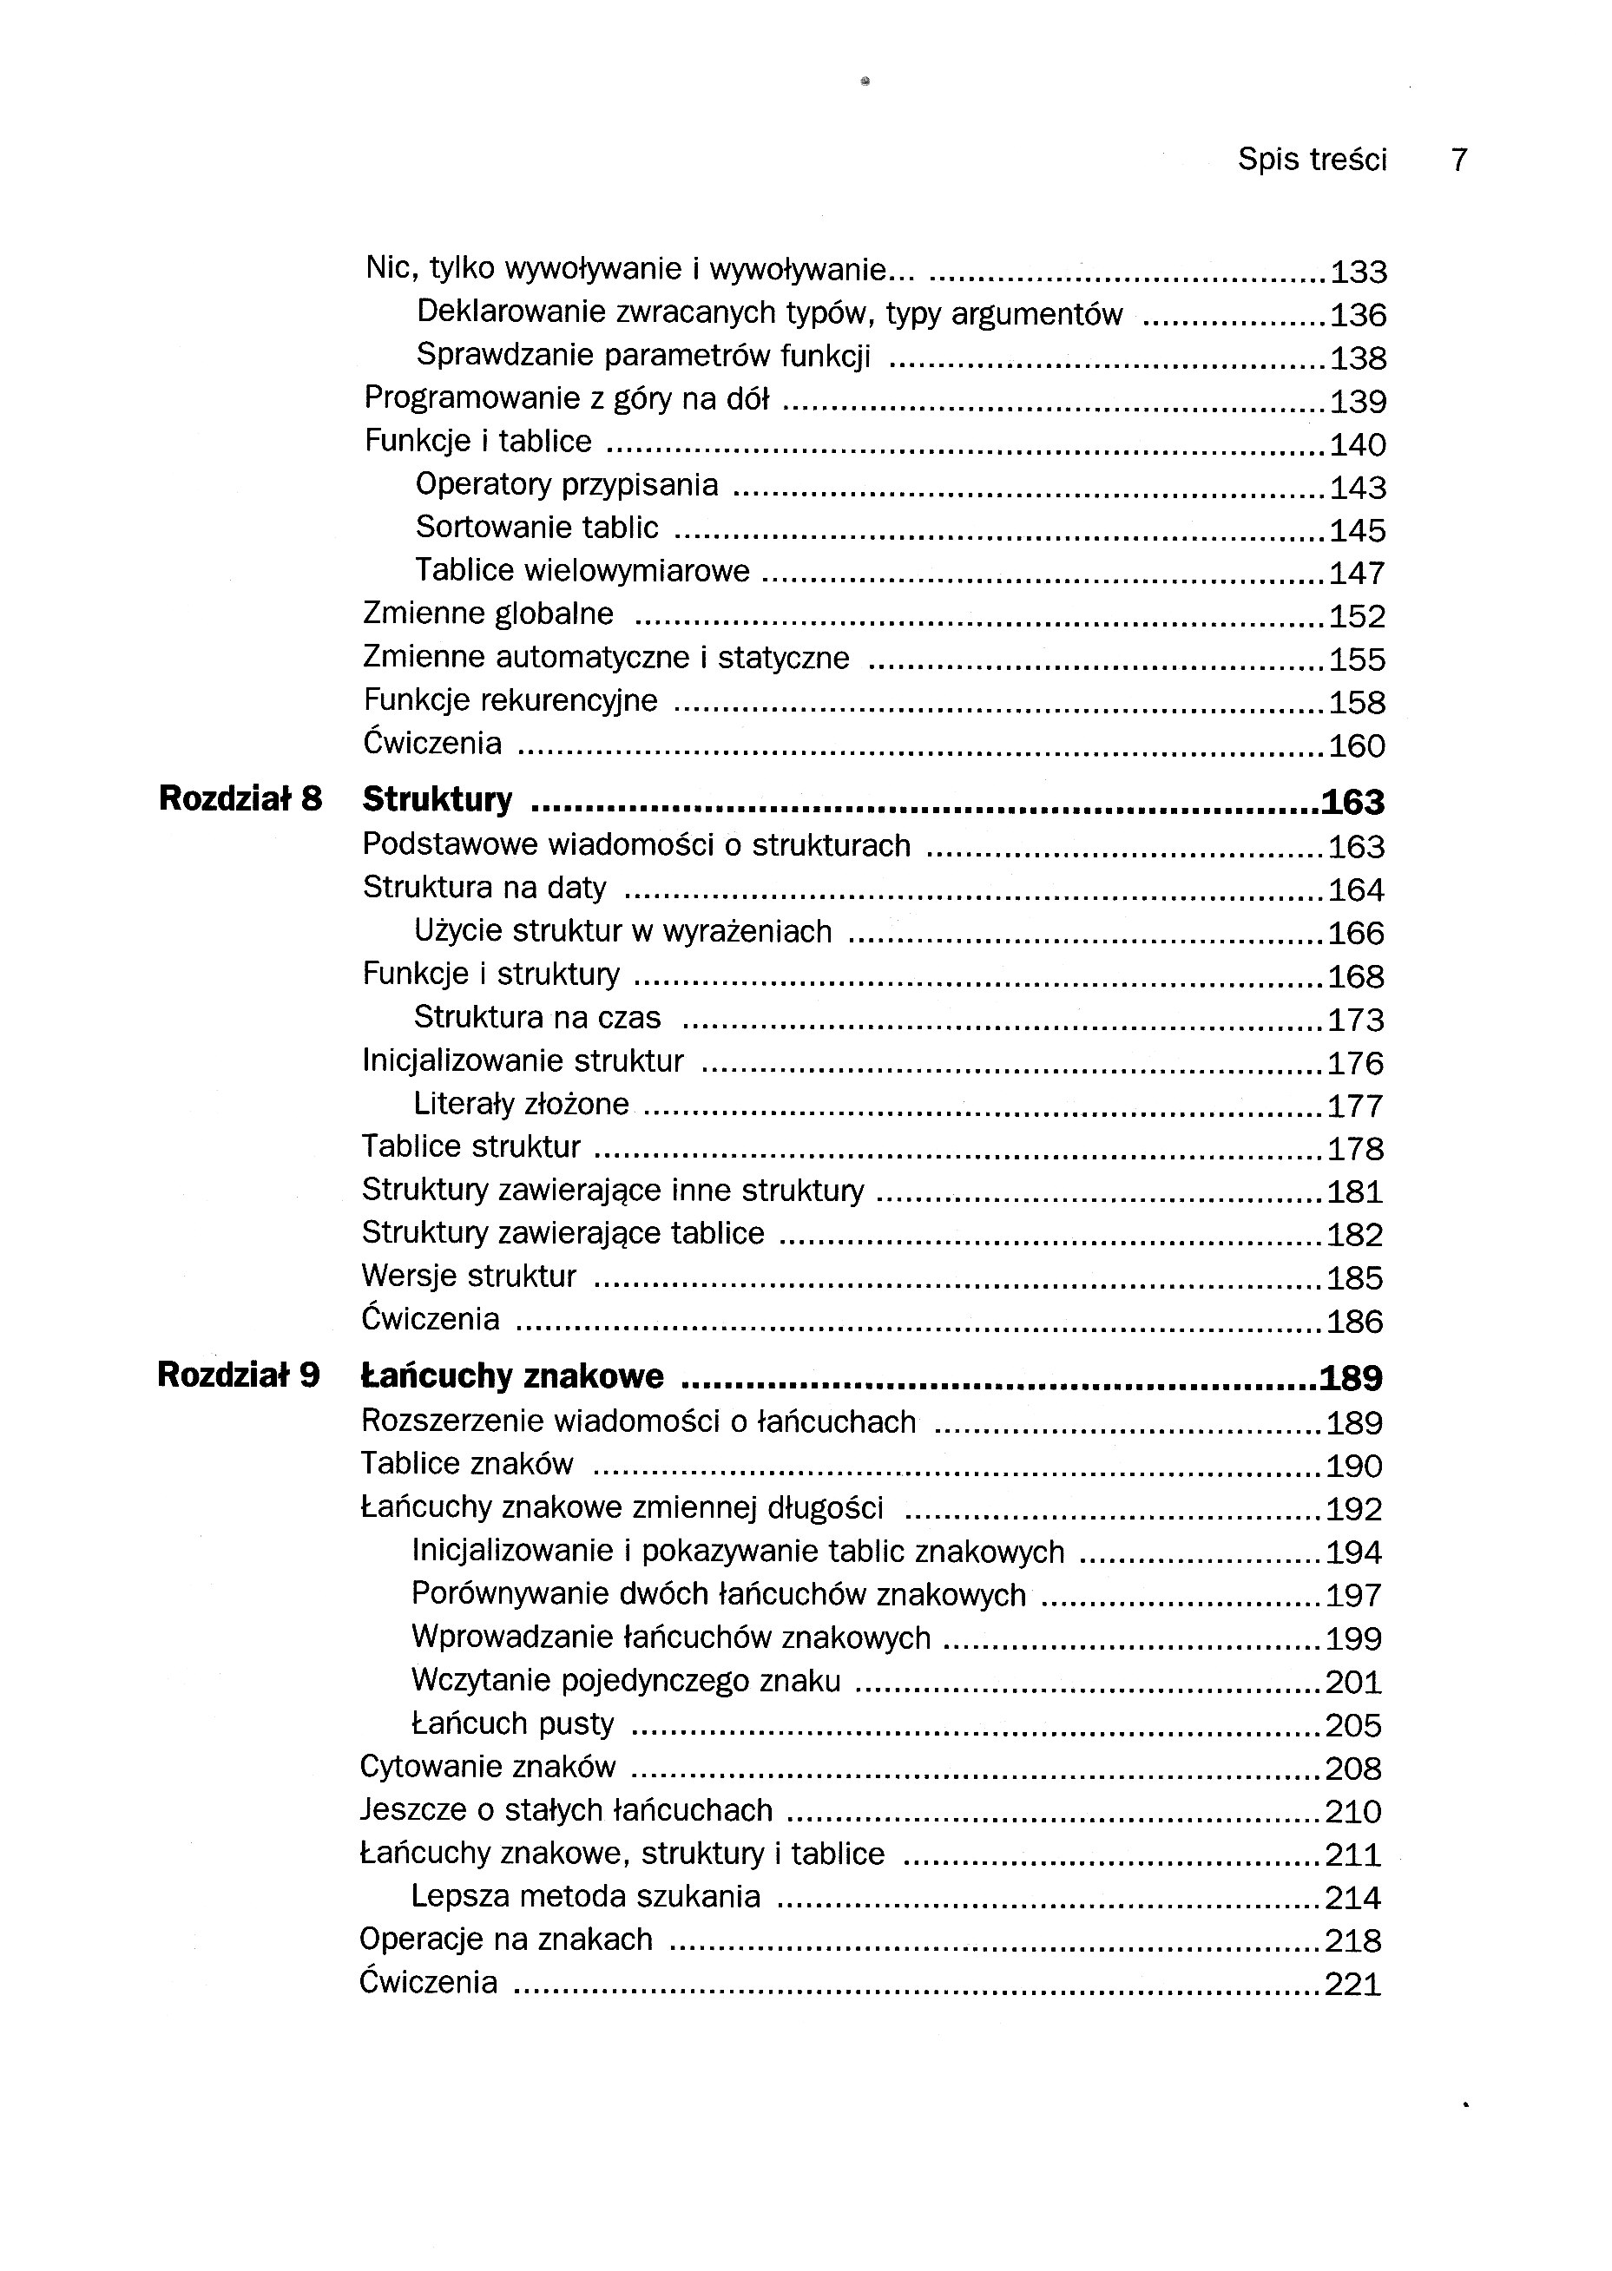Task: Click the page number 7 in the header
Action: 1458,160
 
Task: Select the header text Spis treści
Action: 1312,160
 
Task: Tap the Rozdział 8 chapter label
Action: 240,798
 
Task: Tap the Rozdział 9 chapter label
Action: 238,1375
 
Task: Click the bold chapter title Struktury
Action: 438,799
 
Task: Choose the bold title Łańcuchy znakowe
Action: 512,1376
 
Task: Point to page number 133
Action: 1358,272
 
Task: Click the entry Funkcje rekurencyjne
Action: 510,700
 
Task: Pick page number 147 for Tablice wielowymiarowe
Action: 1358,574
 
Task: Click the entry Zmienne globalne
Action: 489,614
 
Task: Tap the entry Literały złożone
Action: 521,1103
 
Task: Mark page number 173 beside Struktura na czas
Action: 1356,1020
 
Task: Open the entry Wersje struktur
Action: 469,1276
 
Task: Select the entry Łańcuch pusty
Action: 512,1723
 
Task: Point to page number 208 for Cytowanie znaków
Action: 1354,1769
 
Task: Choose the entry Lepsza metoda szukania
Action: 586,1896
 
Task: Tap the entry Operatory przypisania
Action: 567,484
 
